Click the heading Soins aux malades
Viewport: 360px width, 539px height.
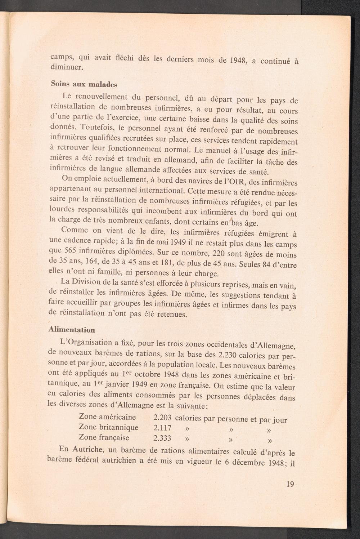(84, 85)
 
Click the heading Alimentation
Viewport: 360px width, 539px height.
(72, 330)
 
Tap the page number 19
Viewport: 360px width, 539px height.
(290, 484)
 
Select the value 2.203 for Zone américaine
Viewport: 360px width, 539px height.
(162, 418)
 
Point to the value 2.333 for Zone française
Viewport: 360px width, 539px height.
(162, 438)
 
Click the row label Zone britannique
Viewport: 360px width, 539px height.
(109, 427)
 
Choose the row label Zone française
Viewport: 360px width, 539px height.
(104, 437)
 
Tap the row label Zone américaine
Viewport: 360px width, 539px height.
(107, 417)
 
